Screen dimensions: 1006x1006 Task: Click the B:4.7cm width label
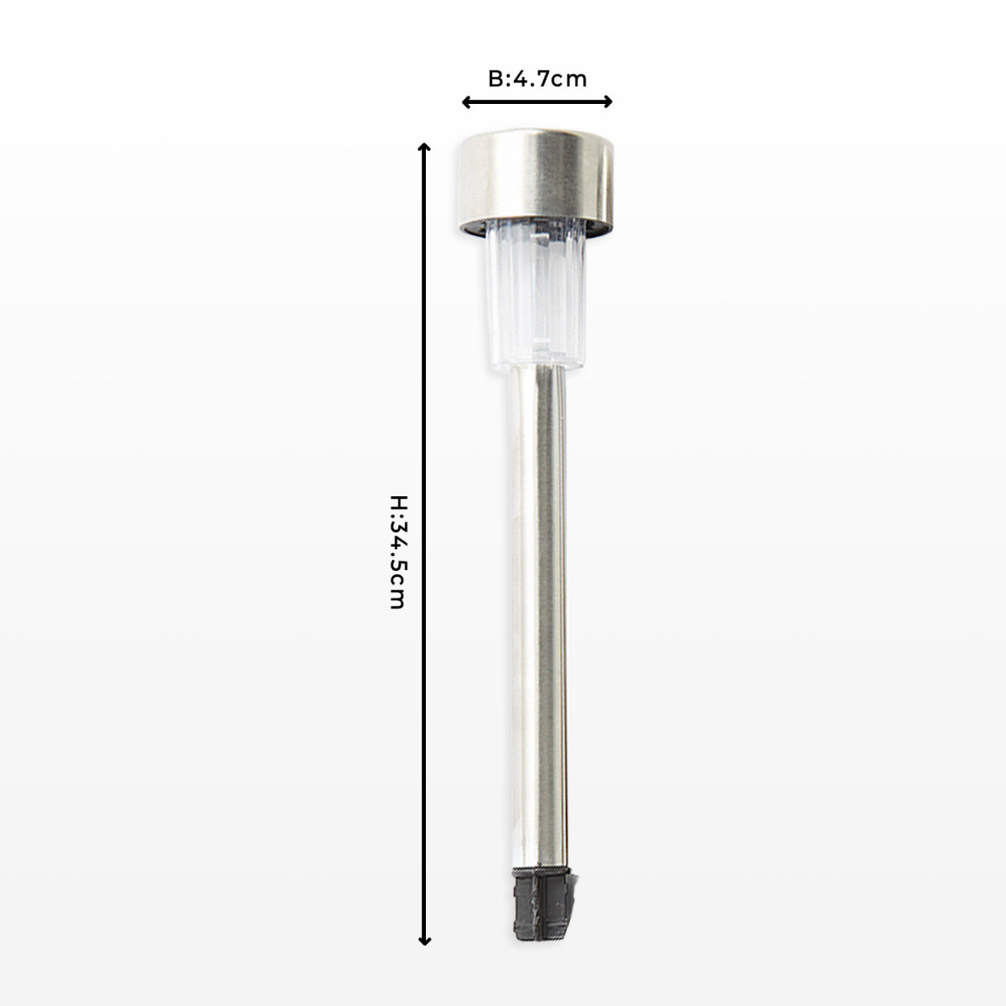(x=537, y=80)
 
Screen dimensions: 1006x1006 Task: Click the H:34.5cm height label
(x=398, y=552)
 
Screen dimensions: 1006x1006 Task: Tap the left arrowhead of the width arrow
(x=466, y=101)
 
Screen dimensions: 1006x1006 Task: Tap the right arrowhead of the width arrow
(x=608, y=101)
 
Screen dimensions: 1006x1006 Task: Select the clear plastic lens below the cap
(x=537, y=298)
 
